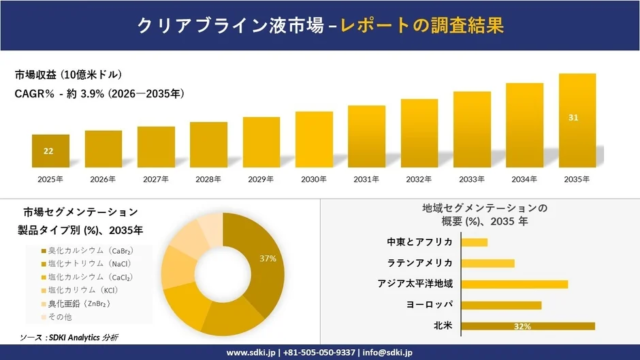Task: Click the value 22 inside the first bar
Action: [49, 151]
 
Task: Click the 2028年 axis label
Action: [208, 179]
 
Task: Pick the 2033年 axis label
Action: [472, 179]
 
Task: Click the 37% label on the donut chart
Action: [268, 259]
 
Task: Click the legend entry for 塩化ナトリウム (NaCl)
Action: [86, 263]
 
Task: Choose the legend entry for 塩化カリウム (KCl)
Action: [84, 290]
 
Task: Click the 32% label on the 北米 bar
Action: [521, 326]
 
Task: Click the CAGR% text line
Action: [99, 94]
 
